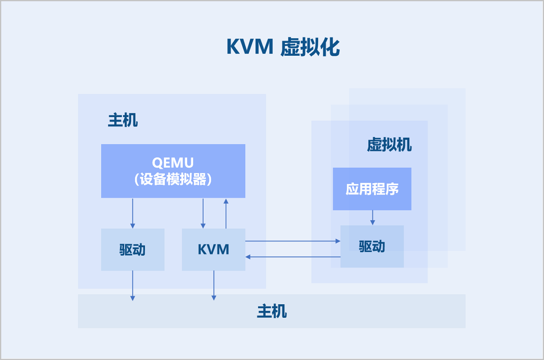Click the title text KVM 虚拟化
[283, 47]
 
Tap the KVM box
[214, 249]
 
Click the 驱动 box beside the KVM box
[132, 249]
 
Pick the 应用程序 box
[372, 189]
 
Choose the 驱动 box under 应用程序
[372, 246]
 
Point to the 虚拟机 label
[389, 145]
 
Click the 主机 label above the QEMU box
[123, 120]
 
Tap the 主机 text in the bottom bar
[272, 311]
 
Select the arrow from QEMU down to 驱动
[133, 213]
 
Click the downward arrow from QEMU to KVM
[203, 213]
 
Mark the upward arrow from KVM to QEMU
[226, 213]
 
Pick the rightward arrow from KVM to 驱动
[292, 241]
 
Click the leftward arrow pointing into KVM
[292, 257]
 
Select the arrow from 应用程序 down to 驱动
[372, 218]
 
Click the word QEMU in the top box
[173, 163]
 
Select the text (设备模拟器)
[173, 180]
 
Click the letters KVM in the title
[250, 47]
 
